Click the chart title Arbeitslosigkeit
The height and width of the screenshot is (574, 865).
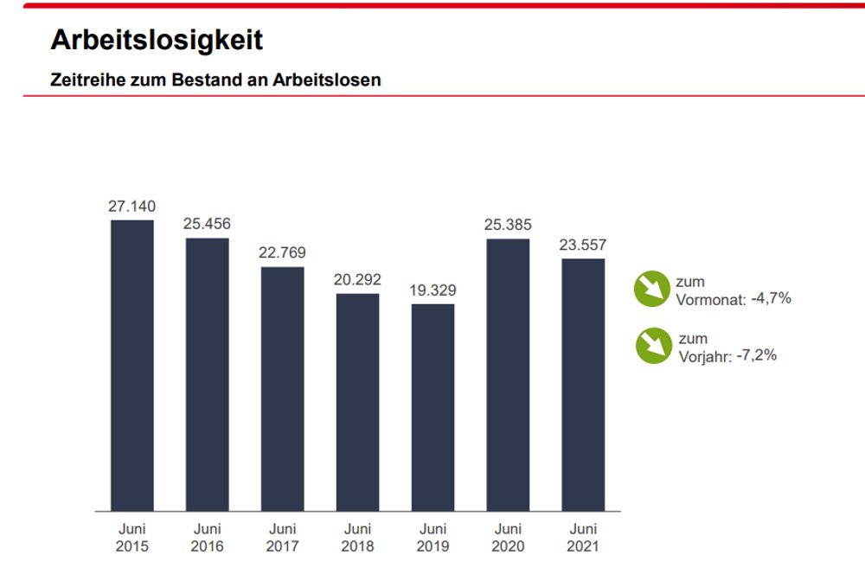[x=157, y=40]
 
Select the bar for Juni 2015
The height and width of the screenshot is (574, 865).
[x=132, y=365]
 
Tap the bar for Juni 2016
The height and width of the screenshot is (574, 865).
[x=208, y=373]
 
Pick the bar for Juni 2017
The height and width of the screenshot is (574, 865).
[x=283, y=388]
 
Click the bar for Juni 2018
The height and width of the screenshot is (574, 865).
[x=357, y=402]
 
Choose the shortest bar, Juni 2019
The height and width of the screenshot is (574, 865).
[x=432, y=406]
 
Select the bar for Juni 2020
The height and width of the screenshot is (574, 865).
[x=508, y=373]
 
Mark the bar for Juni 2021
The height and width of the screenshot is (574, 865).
[x=583, y=384]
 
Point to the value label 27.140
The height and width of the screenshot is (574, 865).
[x=132, y=207]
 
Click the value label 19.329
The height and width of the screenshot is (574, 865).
[x=432, y=290]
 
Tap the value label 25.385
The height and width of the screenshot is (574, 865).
[x=508, y=226]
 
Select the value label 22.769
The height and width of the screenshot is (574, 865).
[x=283, y=253]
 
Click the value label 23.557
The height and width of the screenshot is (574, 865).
[x=583, y=245]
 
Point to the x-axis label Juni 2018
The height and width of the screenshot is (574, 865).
[x=357, y=537]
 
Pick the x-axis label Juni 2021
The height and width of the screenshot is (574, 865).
[x=583, y=537]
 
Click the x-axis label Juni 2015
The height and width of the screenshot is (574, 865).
[x=132, y=537]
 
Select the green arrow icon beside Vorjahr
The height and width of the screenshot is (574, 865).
[x=653, y=346]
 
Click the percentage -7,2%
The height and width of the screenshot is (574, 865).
[x=757, y=354]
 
